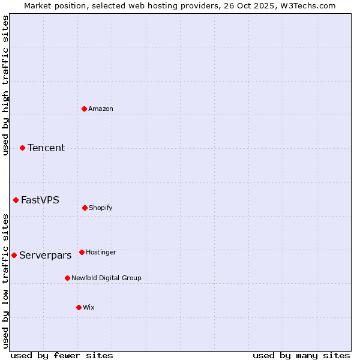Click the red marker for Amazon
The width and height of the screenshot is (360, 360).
85,109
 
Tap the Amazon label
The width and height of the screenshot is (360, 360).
101,109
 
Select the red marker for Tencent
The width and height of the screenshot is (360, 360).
22,148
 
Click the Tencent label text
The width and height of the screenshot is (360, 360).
46,148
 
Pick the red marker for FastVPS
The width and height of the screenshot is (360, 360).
16,200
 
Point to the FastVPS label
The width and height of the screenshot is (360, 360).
40,200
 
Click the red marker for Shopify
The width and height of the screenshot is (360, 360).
85,208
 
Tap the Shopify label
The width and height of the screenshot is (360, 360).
101,208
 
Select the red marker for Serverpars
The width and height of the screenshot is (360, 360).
14,255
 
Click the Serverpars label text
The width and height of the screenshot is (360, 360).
46,256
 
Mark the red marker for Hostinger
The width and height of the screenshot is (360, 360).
82,252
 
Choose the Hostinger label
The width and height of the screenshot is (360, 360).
101,253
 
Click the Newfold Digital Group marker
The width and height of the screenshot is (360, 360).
67,278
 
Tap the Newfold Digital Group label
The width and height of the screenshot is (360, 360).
106,278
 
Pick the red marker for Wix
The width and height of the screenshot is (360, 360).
79,307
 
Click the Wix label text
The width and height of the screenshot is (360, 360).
89,308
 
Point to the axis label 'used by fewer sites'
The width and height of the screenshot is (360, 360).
62,356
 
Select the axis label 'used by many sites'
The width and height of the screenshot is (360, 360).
301,356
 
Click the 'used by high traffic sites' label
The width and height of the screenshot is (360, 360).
5,86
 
